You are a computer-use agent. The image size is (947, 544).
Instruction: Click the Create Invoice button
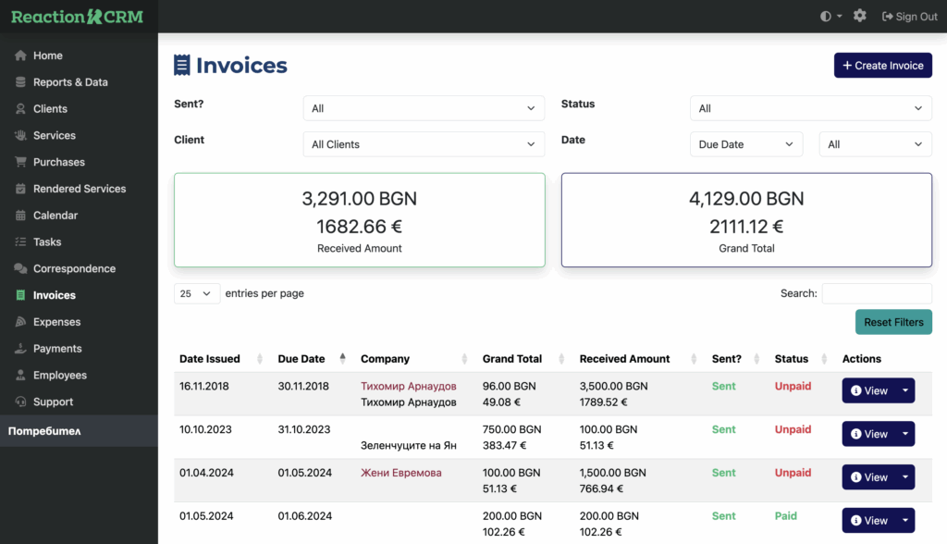tap(883, 66)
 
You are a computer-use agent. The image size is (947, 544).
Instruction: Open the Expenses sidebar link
tap(56, 322)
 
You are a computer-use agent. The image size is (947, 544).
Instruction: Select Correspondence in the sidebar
tap(74, 268)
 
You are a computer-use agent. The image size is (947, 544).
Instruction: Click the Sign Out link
tap(910, 17)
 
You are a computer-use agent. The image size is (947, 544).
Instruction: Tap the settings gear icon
tap(860, 16)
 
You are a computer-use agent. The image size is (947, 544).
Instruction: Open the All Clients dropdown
tap(424, 144)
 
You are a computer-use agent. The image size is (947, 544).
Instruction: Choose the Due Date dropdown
tap(746, 144)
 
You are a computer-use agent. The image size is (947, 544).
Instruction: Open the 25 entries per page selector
tap(196, 293)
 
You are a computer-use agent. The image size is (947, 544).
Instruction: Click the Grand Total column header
tap(512, 359)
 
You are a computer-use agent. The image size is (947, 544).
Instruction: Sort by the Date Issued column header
tap(210, 359)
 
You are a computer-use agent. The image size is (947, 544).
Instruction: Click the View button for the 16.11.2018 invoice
tap(868, 390)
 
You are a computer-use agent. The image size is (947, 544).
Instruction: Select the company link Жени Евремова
tap(400, 473)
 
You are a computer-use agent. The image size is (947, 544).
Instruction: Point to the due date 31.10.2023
tap(304, 429)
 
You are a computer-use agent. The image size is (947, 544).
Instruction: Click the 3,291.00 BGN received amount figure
tap(359, 198)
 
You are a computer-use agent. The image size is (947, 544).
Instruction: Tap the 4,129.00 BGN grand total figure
tap(746, 198)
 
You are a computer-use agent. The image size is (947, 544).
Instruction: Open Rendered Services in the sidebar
tap(80, 189)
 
